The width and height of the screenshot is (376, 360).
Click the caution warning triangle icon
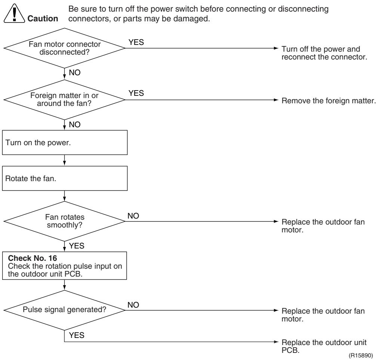point(14,14)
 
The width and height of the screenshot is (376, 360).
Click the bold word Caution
point(43,18)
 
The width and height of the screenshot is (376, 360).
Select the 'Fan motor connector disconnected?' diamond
point(64,48)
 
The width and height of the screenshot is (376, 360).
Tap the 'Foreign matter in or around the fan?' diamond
point(64,100)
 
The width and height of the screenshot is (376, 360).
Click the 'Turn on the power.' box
point(65,143)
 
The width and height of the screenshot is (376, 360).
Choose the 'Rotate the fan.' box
point(65,179)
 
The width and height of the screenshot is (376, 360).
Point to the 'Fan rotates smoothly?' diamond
point(64,221)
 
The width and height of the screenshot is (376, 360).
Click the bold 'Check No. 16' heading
point(33,258)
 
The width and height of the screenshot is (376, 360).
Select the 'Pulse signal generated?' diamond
point(64,310)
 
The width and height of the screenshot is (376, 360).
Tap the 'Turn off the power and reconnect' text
point(324,53)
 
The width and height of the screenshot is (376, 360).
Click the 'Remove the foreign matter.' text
point(329,101)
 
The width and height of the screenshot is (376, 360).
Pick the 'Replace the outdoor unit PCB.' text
point(324,346)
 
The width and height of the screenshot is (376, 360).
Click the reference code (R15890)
point(361,355)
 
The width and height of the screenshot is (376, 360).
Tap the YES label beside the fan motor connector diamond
point(136,42)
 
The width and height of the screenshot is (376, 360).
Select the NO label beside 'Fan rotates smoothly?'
point(133,216)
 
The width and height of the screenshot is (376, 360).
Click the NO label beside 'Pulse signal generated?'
point(133,305)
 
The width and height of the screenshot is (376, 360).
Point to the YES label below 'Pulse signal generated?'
point(77,335)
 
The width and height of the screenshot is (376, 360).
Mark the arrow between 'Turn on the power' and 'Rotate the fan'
point(64,160)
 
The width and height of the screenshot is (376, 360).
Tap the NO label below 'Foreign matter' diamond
point(75,124)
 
